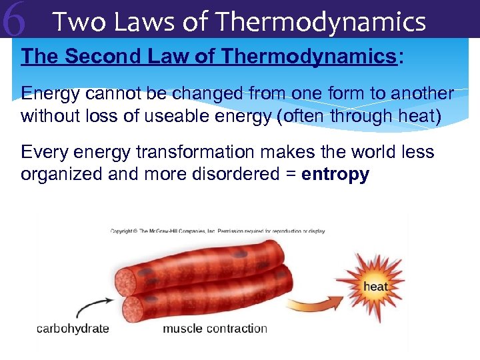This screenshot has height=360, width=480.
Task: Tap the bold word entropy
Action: [335, 175]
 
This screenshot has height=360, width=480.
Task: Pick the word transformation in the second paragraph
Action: [196, 153]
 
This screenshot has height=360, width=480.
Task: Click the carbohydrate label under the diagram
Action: [73, 329]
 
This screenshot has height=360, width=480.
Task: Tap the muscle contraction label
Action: [215, 329]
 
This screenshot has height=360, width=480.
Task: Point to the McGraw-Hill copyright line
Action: [217, 231]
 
